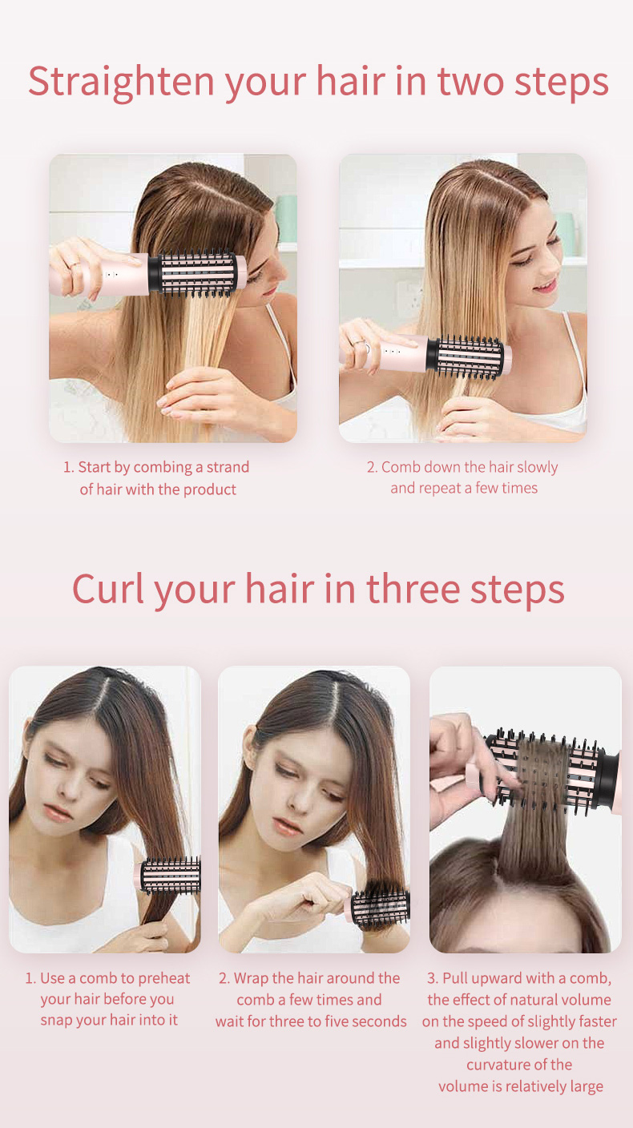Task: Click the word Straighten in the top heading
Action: (121, 82)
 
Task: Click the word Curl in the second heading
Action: (107, 588)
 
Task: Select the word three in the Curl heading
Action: (413, 588)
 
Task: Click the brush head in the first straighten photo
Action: (197, 273)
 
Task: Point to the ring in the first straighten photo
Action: (75, 264)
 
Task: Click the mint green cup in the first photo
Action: (286, 219)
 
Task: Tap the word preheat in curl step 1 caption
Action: (163, 978)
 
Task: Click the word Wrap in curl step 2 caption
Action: (251, 978)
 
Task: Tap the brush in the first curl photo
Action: (168, 875)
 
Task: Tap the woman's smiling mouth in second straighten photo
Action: (544, 286)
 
